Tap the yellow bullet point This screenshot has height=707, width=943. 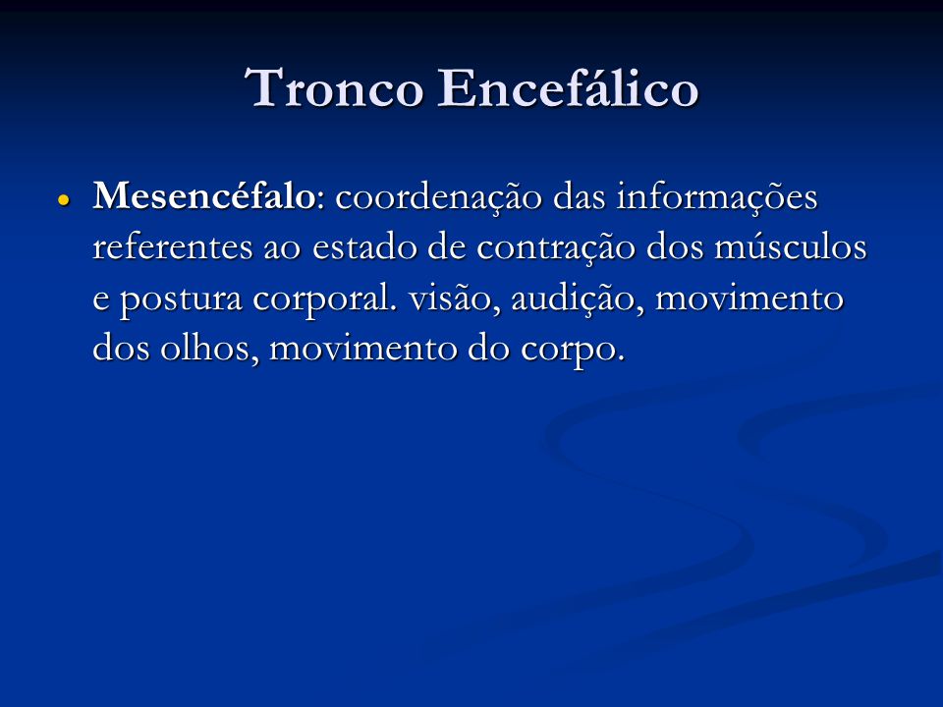pos(64,199)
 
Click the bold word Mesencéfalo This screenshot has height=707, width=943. pos(204,196)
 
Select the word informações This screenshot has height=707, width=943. pos(717,198)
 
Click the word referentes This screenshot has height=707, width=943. pos(173,247)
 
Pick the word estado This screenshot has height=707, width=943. pos(364,247)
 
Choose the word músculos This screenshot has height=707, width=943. pos(790,247)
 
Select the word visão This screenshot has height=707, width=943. pos(455,299)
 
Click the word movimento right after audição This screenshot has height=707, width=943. pos(749,299)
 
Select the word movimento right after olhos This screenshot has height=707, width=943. pos(363,349)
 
